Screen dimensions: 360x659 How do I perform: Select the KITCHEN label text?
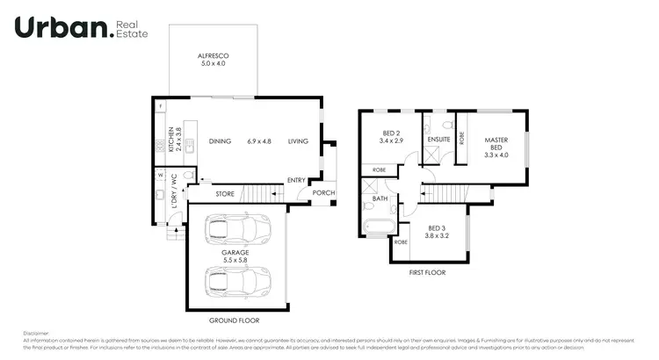coord(172,140)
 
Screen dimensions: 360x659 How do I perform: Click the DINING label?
coord(220,141)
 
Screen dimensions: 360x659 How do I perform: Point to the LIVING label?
coord(299,141)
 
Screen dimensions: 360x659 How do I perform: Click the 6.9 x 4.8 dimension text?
coord(259,141)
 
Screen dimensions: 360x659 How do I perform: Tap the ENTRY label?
coord(296,181)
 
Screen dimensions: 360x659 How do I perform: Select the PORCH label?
coord(323,193)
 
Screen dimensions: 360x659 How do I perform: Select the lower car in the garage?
coord(237,283)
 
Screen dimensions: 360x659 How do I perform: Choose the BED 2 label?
coord(391,136)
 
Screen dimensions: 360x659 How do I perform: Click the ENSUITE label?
coord(438,139)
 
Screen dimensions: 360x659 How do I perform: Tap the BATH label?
coord(380,198)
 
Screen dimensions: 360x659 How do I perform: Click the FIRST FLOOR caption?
coord(428,273)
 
